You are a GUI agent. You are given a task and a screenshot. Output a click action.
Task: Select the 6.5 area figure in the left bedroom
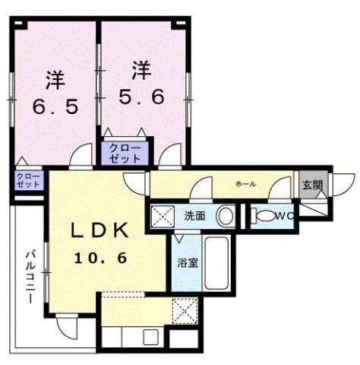click(x=54, y=107)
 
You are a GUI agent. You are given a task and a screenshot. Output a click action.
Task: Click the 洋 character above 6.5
click(x=54, y=80)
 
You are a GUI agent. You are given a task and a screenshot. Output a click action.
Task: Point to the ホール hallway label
click(x=245, y=183)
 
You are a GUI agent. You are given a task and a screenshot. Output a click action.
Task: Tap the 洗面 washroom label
click(x=194, y=216)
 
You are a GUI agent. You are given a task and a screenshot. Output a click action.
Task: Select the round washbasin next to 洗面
click(x=225, y=216)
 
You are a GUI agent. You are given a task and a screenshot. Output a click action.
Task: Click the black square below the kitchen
click(x=182, y=338)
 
